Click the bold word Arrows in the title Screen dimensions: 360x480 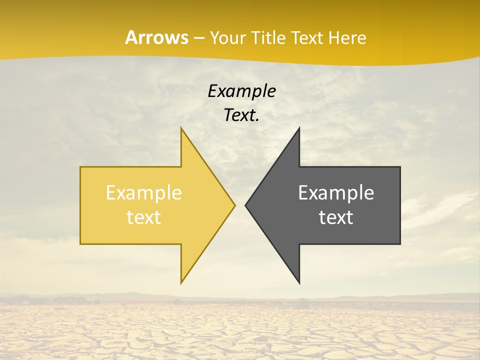point(156,37)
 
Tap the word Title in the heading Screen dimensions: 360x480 point(269,38)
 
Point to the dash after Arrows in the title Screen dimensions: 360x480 point(198,38)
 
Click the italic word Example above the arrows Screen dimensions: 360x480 point(241,91)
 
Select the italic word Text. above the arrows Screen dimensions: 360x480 point(241,115)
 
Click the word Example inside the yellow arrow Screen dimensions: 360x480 point(144,193)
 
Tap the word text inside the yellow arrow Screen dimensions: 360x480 point(144,217)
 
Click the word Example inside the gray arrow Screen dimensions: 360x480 point(336,193)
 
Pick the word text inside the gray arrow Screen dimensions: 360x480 point(336,217)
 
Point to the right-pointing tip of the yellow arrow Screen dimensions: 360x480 point(234,205)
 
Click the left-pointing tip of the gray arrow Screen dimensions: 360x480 point(246,205)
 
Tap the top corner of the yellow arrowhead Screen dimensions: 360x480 point(181,128)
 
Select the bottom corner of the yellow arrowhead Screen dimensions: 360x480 point(181,282)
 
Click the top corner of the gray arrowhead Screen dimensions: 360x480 point(299,128)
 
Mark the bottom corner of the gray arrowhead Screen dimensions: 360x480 point(299,282)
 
